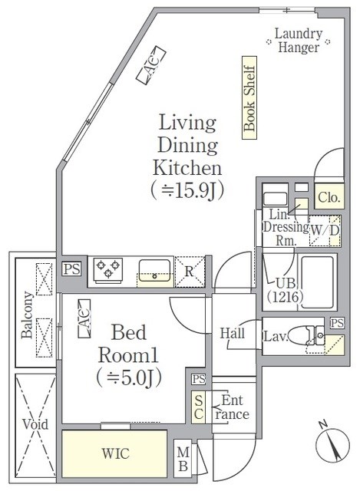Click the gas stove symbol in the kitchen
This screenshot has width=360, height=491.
click(108, 270)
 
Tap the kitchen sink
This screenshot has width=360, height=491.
click(155, 270)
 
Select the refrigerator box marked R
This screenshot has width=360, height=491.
click(190, 272)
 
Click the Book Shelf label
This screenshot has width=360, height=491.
click(249, 98)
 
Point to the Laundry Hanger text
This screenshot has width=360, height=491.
click(299, 41)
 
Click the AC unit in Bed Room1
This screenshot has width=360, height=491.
click(84, 318)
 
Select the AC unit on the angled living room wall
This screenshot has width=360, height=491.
click(150, 65)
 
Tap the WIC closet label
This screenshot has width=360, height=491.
click(115, 453)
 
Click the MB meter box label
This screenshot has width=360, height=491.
click(183, 459)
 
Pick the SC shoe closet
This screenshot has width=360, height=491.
click(199, 407)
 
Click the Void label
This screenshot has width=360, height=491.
click(35, 424)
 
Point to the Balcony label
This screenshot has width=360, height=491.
click(28, 315)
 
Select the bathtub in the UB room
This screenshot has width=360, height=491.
click(317, 282)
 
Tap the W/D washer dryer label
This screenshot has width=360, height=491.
click(325, 230)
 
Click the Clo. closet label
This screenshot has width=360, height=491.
click(329, 198)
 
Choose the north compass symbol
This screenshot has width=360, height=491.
click(332, 444)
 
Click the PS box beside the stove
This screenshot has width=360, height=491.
click(71, 269)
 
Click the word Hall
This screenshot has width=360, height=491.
click(232, 333)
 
